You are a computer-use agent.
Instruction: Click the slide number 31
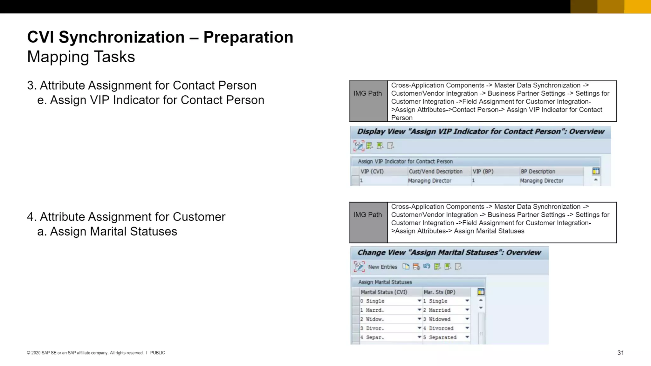tap(620, 353)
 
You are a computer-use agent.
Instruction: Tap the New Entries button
tap(382, 267)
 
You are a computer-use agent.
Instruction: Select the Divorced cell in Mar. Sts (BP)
tap(441, 328)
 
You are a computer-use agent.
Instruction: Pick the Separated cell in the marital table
tap(442, 337)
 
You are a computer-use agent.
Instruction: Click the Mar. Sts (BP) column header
tap(439, 292)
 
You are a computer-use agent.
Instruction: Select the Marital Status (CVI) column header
tap(384, 292)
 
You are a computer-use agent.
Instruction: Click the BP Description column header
tap(538, 172)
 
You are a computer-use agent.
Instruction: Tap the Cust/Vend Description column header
tap(435, 172)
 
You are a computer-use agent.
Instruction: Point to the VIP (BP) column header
tap(483, 172)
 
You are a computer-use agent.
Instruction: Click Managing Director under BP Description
tap(542, 181)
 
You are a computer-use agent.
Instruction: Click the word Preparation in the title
tap(248, 37)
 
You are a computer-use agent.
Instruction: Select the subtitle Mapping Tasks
tap(81, 57)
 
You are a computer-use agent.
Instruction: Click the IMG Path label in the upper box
tap(368, 93)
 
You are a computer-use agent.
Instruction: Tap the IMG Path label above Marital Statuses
tap(368, 215)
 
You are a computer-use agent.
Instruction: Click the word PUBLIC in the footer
tap(157, 353)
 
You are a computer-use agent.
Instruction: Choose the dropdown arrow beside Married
tap(467, 310)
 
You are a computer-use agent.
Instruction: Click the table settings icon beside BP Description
tap(596, 171)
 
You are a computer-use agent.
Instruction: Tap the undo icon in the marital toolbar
tap(427, 267)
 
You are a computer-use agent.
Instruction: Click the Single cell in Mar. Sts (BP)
tap(438, 301)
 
